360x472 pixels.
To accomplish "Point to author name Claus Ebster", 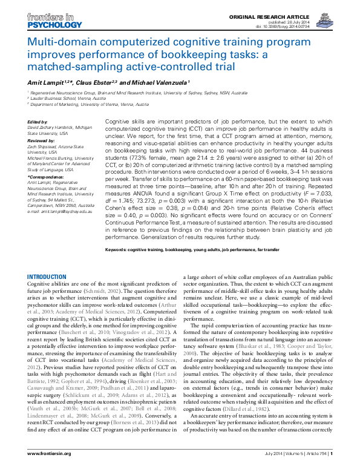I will (96, 80).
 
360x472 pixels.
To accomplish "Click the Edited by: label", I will (38, 122).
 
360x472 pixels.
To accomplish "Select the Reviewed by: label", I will (41, 139).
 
